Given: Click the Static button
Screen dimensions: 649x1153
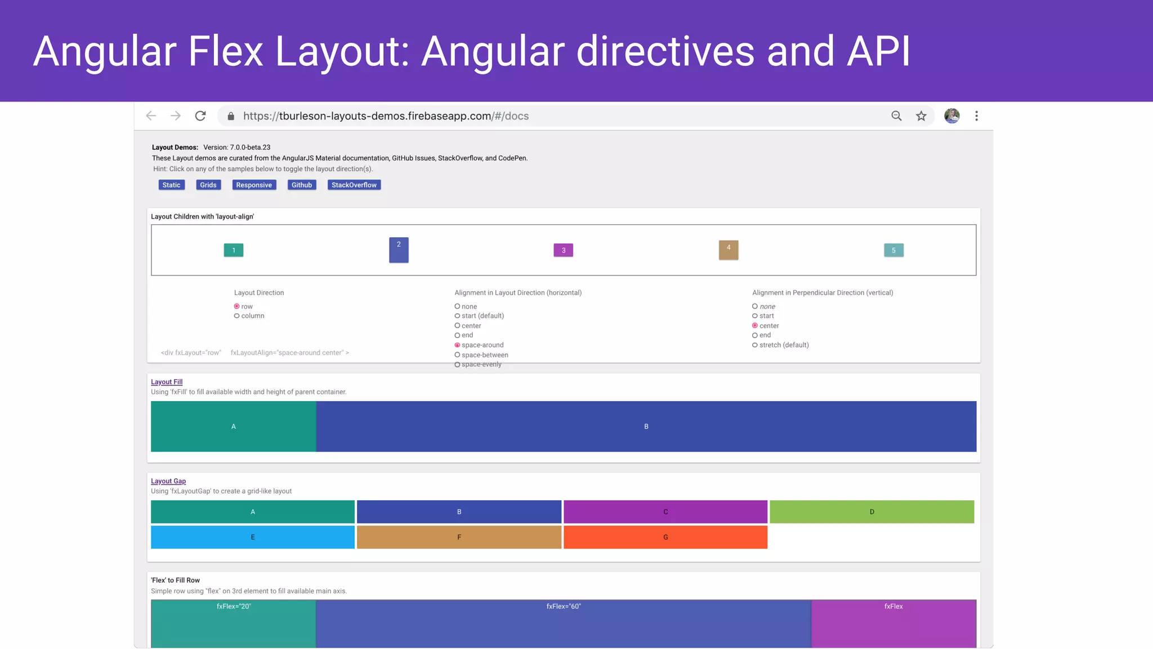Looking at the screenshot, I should coord(171,185).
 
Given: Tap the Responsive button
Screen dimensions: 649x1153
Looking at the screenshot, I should coord(254,185).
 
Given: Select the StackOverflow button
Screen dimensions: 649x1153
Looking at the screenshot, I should coord(354,185).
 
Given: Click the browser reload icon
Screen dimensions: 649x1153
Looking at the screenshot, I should coord(200,116).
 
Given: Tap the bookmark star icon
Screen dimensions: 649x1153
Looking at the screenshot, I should coord(921,116).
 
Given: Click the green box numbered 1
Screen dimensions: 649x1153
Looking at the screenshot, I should coord(234,250).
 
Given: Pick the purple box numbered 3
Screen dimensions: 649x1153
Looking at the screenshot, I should coord(563,250).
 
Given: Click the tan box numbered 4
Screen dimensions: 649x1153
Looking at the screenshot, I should coord(729,250).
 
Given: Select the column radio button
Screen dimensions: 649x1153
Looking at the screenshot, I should coord(237,316).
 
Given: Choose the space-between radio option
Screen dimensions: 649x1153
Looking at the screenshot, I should coord(458,355).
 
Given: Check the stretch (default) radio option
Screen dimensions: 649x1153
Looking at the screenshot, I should coord(755,345).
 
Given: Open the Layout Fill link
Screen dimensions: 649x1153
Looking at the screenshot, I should coord(167,382).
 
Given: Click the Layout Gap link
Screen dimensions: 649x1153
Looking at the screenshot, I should coord(168,481).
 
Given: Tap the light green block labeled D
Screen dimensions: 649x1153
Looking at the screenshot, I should coord(872,512).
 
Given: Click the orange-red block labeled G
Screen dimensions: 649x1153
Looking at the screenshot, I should coord(665,537).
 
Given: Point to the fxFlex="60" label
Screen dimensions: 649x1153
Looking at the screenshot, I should coord(564,606).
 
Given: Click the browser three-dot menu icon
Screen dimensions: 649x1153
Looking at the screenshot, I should coord(977,116).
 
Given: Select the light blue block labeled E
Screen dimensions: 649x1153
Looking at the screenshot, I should coord(253,537).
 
